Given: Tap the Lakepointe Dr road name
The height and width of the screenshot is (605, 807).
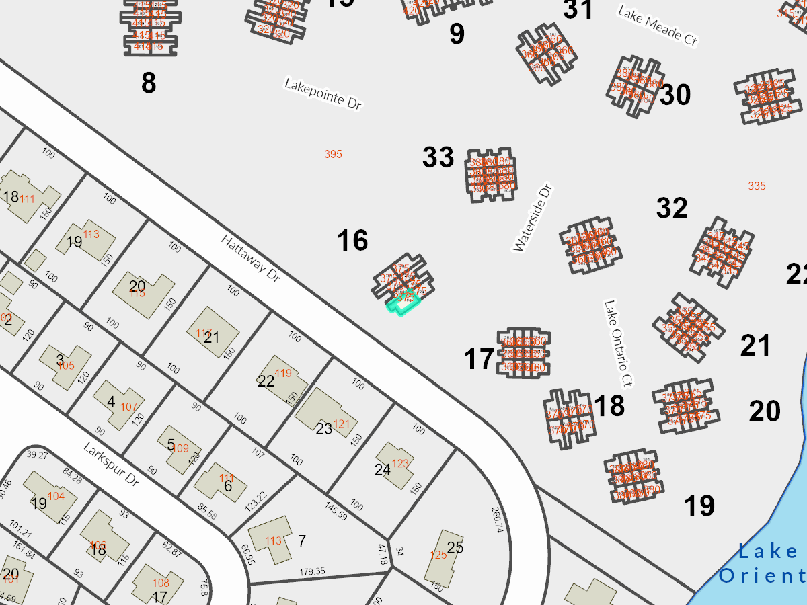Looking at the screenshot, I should (323, 94).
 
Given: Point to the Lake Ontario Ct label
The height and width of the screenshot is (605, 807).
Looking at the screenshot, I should (619, 344).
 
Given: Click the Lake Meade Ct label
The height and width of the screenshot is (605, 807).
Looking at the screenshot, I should (657, 26).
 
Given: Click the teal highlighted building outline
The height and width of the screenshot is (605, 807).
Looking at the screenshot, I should (402, 305).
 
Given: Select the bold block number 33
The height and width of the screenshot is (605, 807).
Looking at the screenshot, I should (438, 157).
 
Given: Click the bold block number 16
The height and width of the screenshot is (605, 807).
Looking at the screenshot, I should (352, 241).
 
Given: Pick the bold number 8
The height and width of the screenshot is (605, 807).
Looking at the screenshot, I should (149, 83).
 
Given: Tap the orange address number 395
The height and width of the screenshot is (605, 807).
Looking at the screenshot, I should (333, 155).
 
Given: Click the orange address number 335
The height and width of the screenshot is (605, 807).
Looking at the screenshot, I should (757, 186).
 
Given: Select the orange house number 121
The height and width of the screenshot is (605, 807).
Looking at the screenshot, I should (342, 424).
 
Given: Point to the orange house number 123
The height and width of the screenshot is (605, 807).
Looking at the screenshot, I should (400, 463).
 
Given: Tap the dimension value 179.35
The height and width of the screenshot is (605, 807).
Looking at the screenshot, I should (312, 571).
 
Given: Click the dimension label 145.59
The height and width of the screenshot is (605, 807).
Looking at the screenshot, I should (336, 510).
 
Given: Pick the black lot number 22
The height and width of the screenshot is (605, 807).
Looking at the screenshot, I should (266, 381).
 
